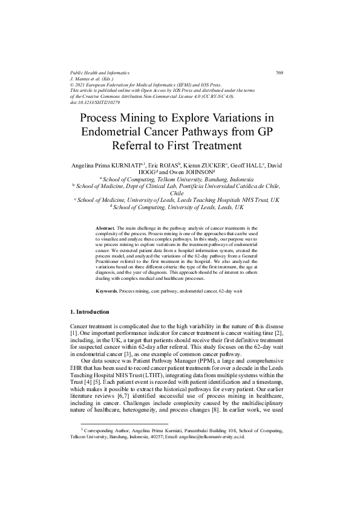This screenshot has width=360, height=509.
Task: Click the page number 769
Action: [280, 72]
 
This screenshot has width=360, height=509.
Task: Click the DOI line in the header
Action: [94, 102]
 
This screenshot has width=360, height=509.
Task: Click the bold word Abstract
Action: [106, 228]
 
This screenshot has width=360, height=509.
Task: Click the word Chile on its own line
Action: [180, 193]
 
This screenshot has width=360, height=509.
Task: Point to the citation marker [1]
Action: [74, 334]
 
